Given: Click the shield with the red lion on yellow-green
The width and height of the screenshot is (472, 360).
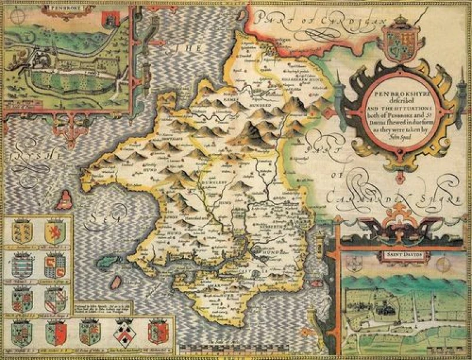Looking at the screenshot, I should [x=54, y=231].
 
